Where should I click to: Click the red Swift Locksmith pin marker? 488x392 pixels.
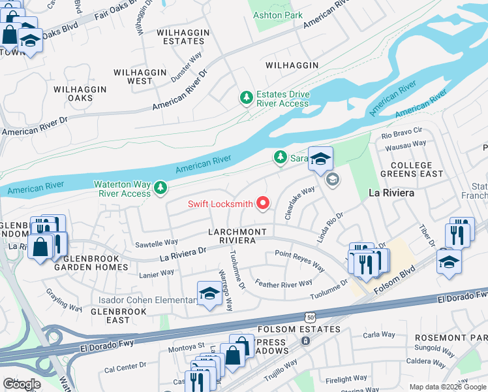[x=264, y=204]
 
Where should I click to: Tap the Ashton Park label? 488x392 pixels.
[x=278, y=15]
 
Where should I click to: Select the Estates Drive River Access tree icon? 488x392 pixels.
[x=246, y=98]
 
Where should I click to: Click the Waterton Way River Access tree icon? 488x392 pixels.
[x=160, y=189]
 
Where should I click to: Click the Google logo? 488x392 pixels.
[x=21, y=384]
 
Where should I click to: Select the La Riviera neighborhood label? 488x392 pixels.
[x=391, y=193]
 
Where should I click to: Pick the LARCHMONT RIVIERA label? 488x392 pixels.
[x=237, y=237]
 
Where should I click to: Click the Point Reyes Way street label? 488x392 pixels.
[x=299, y=261]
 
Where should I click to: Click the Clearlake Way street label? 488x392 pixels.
[x=299, y=203]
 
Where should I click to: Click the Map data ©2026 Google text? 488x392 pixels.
[x=447, y=387]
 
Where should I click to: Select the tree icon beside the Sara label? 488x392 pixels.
[x=280, y=157]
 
